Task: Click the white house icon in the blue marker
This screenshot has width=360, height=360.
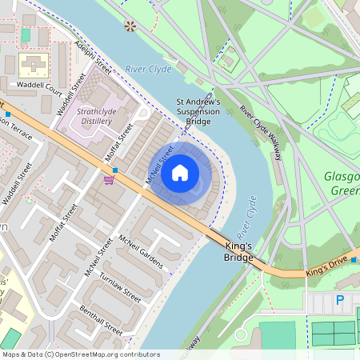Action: [x=180, y=172]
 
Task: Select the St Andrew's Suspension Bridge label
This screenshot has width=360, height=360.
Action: [x=198, y=111]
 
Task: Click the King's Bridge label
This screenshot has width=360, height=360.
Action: [x=239, y=252]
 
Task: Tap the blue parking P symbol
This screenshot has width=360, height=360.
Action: [x=340, y=301]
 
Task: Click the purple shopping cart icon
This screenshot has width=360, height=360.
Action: [x=108, y=180]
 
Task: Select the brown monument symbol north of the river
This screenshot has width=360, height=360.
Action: [x=130, y=26]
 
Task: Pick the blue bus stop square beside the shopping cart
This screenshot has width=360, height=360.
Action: [x=116, y=170]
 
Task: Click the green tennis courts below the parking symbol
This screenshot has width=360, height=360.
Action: [x=333, y=332]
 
